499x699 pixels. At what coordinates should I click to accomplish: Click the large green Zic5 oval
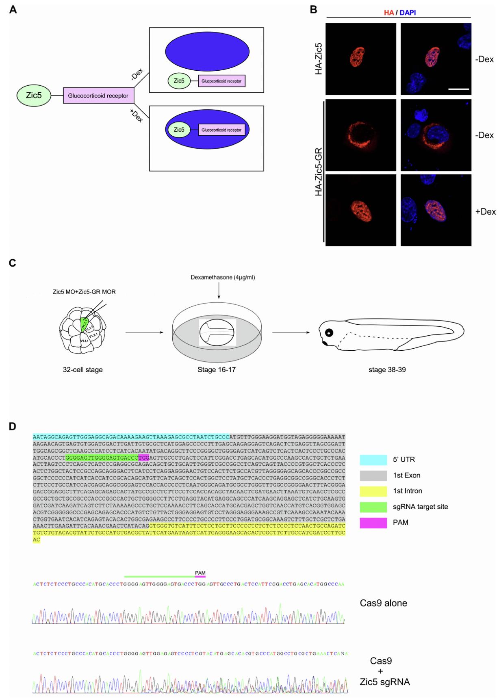pyautogui.click(x=34, y=96)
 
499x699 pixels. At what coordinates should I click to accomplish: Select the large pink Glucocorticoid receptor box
pyautogui.click(x=98, y=96)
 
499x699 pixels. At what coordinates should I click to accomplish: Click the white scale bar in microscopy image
pyautogui.click(x=459, y=89)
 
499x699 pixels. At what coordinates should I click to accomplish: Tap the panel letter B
pyautogui.click(x=313, y=9)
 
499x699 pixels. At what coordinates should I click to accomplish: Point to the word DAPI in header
pyautogui.click(x=408, y=13)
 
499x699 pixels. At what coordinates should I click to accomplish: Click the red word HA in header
pyautogui.click(x=388, y=13)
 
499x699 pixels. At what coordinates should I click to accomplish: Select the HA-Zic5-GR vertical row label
pyautogui.click(x=319, y=172)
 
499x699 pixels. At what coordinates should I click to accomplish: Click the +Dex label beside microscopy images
pyautogui.click(x=485, y=212)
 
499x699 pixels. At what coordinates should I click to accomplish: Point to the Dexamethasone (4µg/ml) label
pyautogui.click(x=223, y=278)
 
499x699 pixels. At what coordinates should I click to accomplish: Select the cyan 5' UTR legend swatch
pyautogui.click(x=373, y=460)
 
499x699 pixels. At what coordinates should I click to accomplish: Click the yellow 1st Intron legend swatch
pyautogui.click(x=373, y=491)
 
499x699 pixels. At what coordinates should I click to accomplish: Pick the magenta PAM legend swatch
pyautogui.click(x=373, y=523)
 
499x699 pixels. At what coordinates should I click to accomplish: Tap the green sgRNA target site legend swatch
pyautogui.click(x=373, y=507)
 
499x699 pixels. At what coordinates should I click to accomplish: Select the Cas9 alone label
pyautogui.click(x=383, y=603)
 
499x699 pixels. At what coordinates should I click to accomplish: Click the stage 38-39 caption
pyautogui.click(x=386, y=370)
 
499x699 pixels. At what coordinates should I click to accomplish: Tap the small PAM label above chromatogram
pyautogui.click(x=200, y=573)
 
